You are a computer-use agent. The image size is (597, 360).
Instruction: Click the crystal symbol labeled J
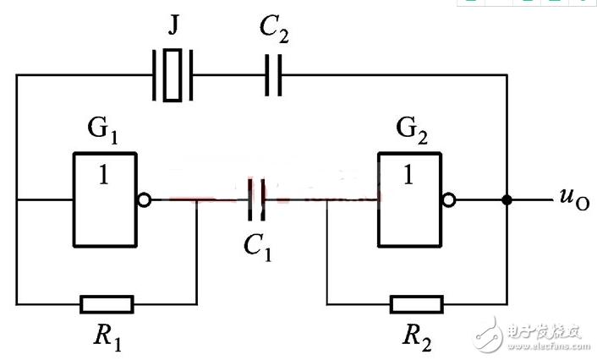pos(173,74)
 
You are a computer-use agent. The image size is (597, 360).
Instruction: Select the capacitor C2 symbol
pos(273,74)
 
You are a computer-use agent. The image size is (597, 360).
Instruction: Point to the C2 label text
pos(275,34)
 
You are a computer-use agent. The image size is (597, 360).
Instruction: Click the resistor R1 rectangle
pos(107,304)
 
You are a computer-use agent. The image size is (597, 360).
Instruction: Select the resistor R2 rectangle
pos(417,304)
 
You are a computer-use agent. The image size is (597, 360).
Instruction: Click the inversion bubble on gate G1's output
pos(145,201)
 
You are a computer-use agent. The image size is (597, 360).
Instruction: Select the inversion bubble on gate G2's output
pos(450,201)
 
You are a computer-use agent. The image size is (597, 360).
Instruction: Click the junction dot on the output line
pos(507,201)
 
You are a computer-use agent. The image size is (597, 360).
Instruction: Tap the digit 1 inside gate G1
pos(104,176)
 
